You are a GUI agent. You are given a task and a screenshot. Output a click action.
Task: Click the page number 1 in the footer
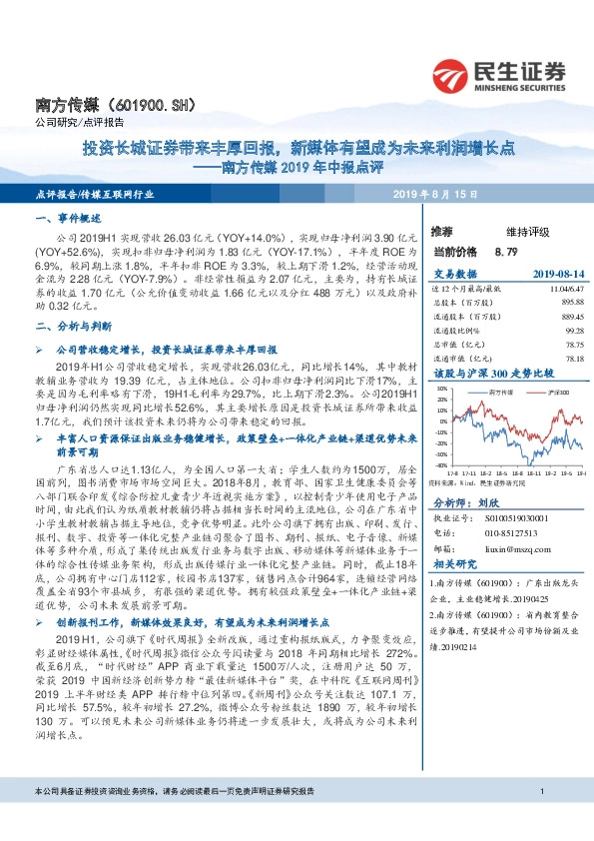pyautogui.click(x=540, y=821)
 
